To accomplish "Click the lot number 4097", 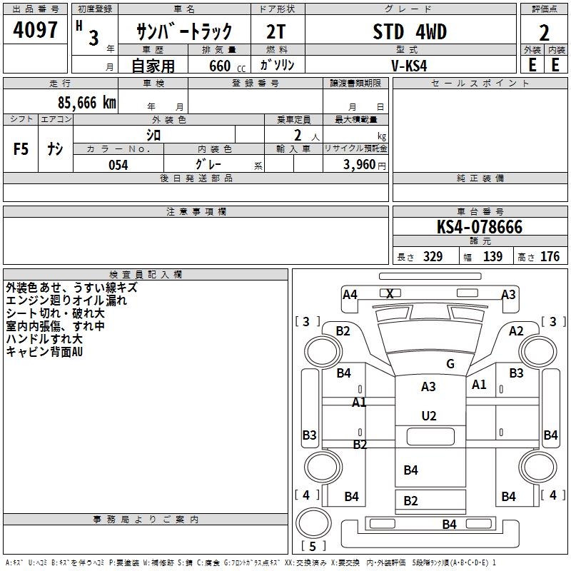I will coord(36,31).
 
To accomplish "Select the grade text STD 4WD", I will coord(410,32).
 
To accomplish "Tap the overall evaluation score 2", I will coord(544,33).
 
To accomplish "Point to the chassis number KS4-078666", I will coord(480,227).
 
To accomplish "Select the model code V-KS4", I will coord(410,65).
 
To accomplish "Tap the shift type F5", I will coord(21,148).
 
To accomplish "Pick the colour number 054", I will coord(118,165).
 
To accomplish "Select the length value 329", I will coord(433,257).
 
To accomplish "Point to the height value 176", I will coord(550,257).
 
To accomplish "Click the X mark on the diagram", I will coord(390,293).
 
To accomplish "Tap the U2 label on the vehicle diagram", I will coord(429,415).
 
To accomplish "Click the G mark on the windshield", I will coord(450,364).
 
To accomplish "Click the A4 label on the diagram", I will coord(350,294).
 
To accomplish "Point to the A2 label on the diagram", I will coord(516,330).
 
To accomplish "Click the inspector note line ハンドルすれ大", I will coord(44,338).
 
